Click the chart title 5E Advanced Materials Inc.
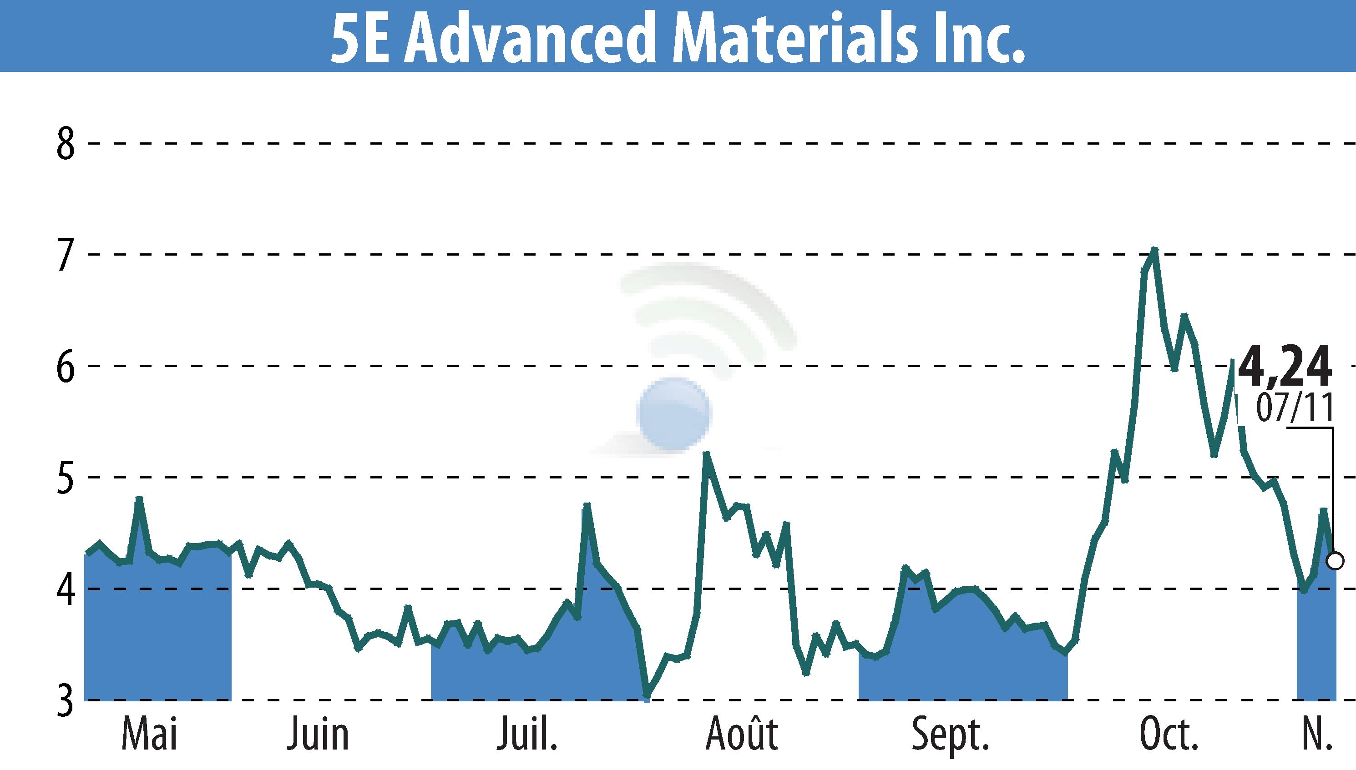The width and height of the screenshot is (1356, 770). pos(678,36)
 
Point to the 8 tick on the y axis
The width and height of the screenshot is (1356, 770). pos(66,144)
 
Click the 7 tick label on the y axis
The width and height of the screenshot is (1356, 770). pos(66,255)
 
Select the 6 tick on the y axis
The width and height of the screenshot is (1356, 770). pos(66,367)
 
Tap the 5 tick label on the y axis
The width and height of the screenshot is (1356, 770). pos(66,478)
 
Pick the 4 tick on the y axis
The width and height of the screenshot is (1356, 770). pos(66,589)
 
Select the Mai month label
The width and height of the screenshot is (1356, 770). pos(149,734)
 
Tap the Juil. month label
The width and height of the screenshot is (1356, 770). pos(527,734)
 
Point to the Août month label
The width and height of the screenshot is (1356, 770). pos(742,734)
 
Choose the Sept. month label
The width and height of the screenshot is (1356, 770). pos(950,734)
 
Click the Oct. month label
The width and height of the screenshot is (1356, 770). pos(1169,734)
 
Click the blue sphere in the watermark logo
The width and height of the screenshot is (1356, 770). pos(674,414)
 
